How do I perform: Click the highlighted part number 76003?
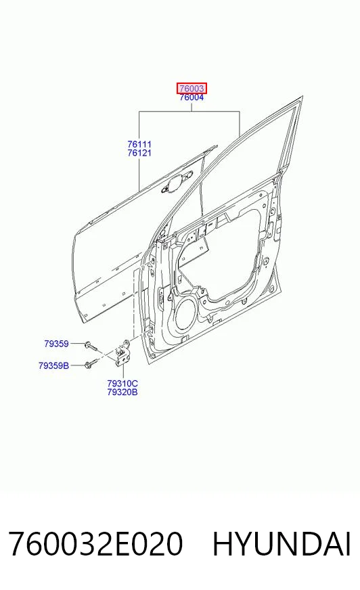click(192, 89)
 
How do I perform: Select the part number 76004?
click(192, 97)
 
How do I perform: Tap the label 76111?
click(139, 144)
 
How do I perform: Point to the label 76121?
click(139, 153)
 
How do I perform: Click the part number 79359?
click(56, 344)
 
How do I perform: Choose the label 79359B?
click(53, 365)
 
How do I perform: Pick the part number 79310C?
click(122, 384)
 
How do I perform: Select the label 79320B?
click(122, 392)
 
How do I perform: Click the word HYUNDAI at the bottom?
click(282, 544)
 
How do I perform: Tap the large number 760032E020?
click(95, 544)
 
